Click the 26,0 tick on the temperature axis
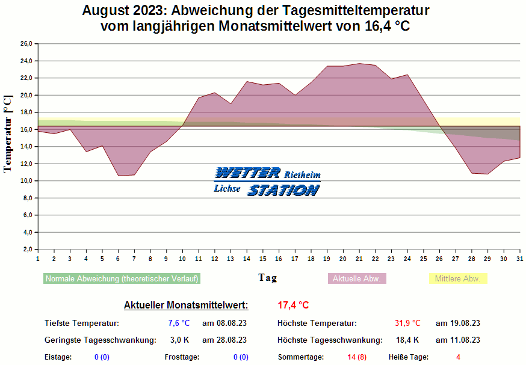[x=26, y=44]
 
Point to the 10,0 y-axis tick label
[x=26, y=181]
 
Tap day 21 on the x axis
[x=359, y=258]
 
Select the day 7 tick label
[x=134, y=258]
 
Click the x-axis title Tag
[x=268, y=277]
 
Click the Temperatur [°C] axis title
[x=8, y=133]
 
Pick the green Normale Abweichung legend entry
[x=122, y=279]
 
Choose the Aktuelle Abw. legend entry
[x=357, y=279]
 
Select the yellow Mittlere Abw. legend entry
[x=457, y=279]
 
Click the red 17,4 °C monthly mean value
[x=293, y=305]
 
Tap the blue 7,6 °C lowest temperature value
[x=179, y=324]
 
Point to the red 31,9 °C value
[x=407, y=324]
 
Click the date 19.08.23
[x=457, y=324]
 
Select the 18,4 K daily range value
[x=407, y=340]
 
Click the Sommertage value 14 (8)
[x=357, y=357]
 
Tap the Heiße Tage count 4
[x=458, y=357]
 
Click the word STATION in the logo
[x=283, y=191]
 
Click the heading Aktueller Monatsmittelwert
[x=185, y=305]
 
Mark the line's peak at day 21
[x=359, y=64]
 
